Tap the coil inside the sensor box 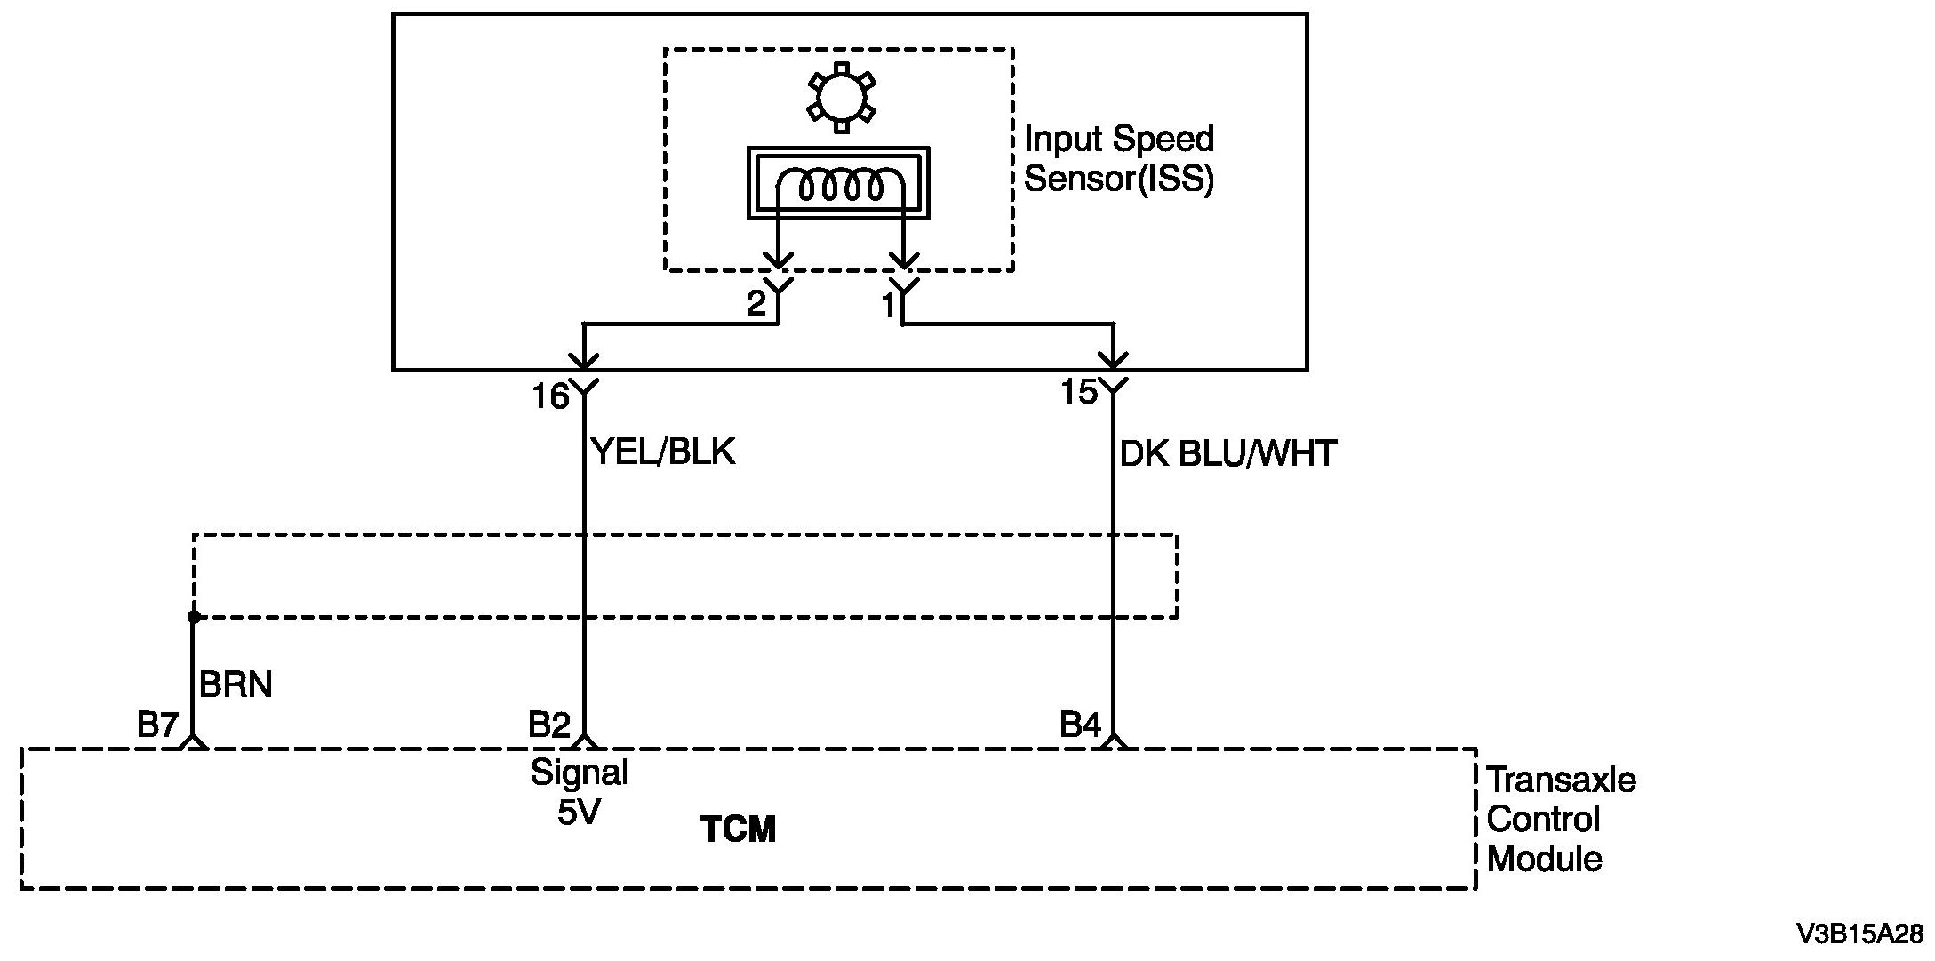[840, 185]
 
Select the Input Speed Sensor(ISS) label [1118, 158]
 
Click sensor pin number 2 [756, 305]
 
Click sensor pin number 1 [888, 306]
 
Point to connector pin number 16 [550, 396]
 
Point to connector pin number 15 [1079, 392]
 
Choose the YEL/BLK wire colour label [663, 452]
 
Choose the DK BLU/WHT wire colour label [1227, 454]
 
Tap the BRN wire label [236, 685]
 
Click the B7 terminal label [158, 725]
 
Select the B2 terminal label [548, 725]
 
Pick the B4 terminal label [1080, 725]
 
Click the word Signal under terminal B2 [579, 772]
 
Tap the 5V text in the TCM [579, 812]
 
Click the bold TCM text [739, 829]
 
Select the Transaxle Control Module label [1560, 819]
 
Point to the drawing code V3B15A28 [1859, 934]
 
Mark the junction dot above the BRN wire [194, 616]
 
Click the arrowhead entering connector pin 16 [584, 361]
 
